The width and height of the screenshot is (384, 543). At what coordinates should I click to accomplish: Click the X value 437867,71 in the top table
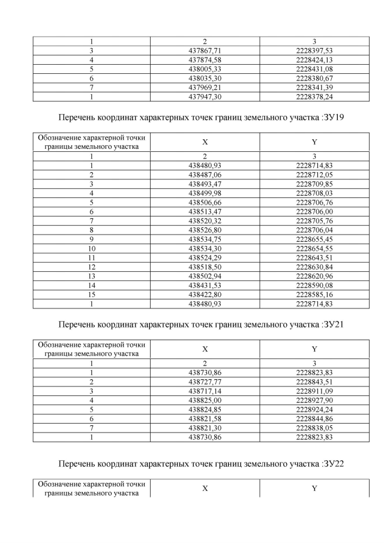[x=205, y=51]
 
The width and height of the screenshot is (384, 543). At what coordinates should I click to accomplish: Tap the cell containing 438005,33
[x=205, y=69]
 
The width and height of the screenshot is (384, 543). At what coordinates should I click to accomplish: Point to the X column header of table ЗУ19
[x=205, y=142]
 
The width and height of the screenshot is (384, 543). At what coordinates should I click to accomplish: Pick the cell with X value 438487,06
[x=205, y=174]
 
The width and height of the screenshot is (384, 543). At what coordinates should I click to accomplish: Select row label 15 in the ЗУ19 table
[x=92, y=295]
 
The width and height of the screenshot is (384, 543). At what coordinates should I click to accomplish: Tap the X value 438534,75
[x=205, y=239]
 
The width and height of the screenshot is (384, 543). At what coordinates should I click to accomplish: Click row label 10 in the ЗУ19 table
[x=92, y=248]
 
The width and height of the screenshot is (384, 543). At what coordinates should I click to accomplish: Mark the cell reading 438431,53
[x=205, y=286]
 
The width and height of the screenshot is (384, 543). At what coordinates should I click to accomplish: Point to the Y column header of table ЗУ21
[x=314, y=349]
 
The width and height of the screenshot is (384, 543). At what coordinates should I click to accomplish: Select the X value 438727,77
[x=205, y=382]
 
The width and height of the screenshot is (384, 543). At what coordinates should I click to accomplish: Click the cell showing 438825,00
[x=205, y=400]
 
